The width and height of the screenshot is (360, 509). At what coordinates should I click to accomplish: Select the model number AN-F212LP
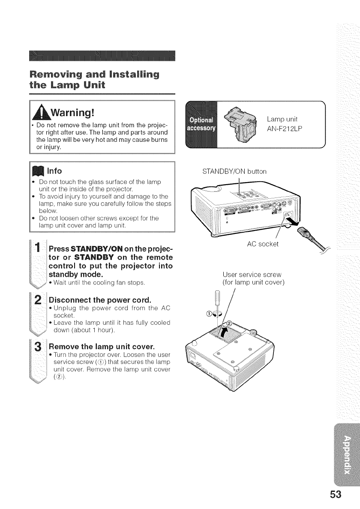pos(284,129)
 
